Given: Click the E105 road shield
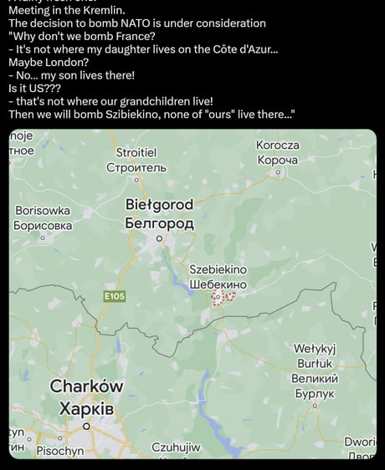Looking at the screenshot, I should [x=115, y=296].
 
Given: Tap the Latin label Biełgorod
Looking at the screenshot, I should [x=159, y=205].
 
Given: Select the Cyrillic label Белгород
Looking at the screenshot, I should [x=159, y=223].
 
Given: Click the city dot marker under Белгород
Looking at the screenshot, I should [x=159, y=238].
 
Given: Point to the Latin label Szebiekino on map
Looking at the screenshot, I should [x=218, y=269].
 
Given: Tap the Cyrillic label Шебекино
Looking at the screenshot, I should [x=218, y=284].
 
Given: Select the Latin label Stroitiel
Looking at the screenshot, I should [x=136, y=153].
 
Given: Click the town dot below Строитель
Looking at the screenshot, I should [x=136, y=179].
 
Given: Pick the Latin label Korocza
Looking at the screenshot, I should [x=278, y=146].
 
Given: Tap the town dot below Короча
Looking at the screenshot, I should [x=278, y=172].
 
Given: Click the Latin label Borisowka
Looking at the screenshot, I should [x=43, y=211].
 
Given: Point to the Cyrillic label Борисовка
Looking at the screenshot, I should [x=43, y=226].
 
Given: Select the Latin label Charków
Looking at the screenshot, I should [x=86, y=386].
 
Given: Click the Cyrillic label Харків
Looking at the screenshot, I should [x=86, y=409].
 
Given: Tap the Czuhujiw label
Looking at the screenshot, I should [x=176, y=447].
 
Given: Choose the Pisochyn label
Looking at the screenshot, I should [x=60, y=451].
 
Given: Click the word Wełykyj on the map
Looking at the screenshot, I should [x=315, y=349].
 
